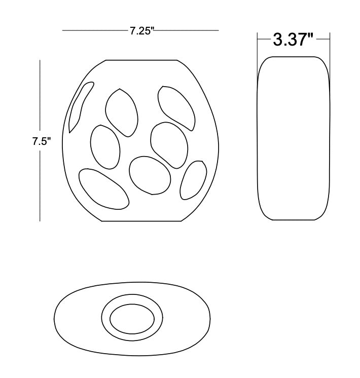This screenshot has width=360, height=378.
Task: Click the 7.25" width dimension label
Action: pos(142,31)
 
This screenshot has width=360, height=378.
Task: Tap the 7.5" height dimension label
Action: pos(42,141)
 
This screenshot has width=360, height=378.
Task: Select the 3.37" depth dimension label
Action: pos(293,40)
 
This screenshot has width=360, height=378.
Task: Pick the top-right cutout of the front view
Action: pos(176,108)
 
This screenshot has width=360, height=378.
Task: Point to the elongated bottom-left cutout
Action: pos(104,189)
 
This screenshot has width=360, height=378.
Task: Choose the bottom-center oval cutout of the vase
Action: pos(150,175)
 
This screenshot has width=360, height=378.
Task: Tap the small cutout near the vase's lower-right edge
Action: pos(193,180)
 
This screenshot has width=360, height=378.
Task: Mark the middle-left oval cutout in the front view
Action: pos(105,147)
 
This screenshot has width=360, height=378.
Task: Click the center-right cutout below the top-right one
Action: pos(169,145)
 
